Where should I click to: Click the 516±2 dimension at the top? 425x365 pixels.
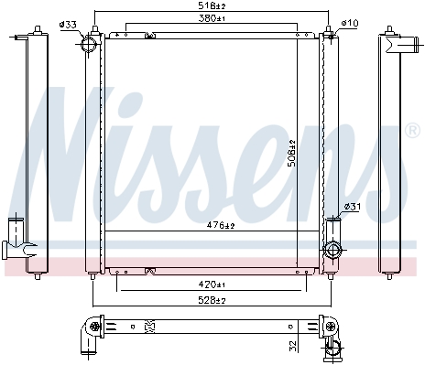[x=212, y=5]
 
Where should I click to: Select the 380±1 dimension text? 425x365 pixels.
[x=212, y=18]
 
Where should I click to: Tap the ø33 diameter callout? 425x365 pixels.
[x=68, y=25]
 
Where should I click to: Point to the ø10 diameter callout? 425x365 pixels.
[x=350, y=23]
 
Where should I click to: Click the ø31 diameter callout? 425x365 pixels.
[x=353, y=207]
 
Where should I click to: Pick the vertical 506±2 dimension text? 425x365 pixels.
[x=292, y=153]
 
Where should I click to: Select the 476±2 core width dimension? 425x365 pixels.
[x=221, y=225]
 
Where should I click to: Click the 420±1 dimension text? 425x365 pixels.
[x=212, y=284]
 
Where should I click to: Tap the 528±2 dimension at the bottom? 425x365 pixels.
[x=212, y=300]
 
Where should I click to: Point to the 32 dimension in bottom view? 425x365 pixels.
[x=292, y=347]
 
